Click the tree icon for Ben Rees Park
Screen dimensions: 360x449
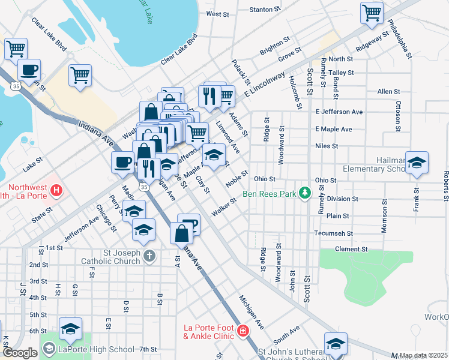click(306, 193)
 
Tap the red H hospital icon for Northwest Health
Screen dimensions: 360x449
click(56, 191)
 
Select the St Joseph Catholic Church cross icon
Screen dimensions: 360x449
click(149, 256)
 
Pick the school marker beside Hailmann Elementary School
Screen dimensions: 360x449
click(417, 163)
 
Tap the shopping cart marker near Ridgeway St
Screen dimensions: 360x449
click(372, 13)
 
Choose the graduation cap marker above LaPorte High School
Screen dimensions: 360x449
click(71, 329)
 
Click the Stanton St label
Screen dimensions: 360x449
click(261, 10)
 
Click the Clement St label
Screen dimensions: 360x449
click(351, 249)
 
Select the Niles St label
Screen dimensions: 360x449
click(327, 146)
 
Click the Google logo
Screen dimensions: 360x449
click(20, 353)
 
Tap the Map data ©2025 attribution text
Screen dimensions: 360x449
click(423, 355)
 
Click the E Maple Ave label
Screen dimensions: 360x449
click(333, 129)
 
